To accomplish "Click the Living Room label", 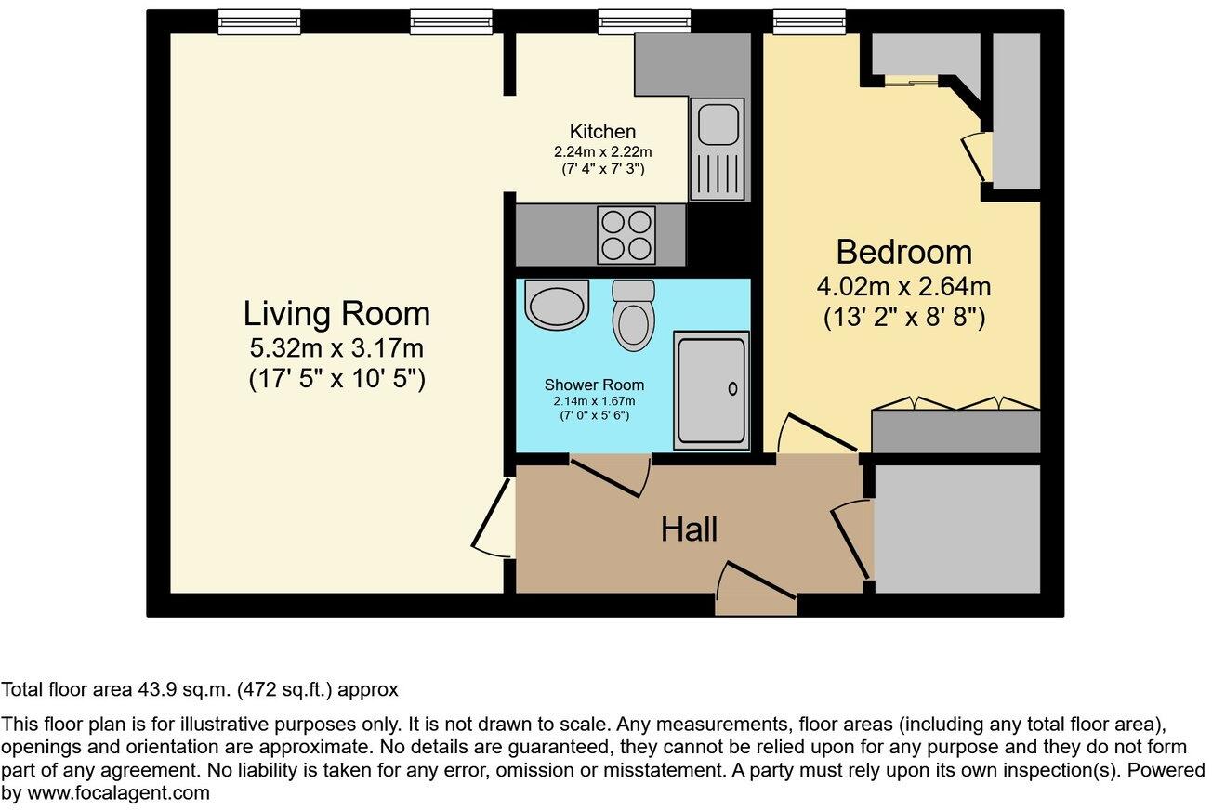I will (x=336, y=314).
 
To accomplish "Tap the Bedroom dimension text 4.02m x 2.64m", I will (x=903, y=286).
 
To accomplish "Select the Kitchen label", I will (x=602, y=132).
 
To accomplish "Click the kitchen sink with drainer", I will (x=718, y=149).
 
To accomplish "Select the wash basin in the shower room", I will (x=556, y=305).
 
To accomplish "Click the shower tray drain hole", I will (x=732, y=388).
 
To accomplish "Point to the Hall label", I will (x=689, y=529).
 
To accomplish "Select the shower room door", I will (x=610, y=476).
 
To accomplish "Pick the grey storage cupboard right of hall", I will (x=956, y=528).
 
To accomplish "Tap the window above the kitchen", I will (x=644, y=21).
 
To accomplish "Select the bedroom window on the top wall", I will (x=809, y=21).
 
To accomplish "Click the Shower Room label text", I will (x=594, y=385).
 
